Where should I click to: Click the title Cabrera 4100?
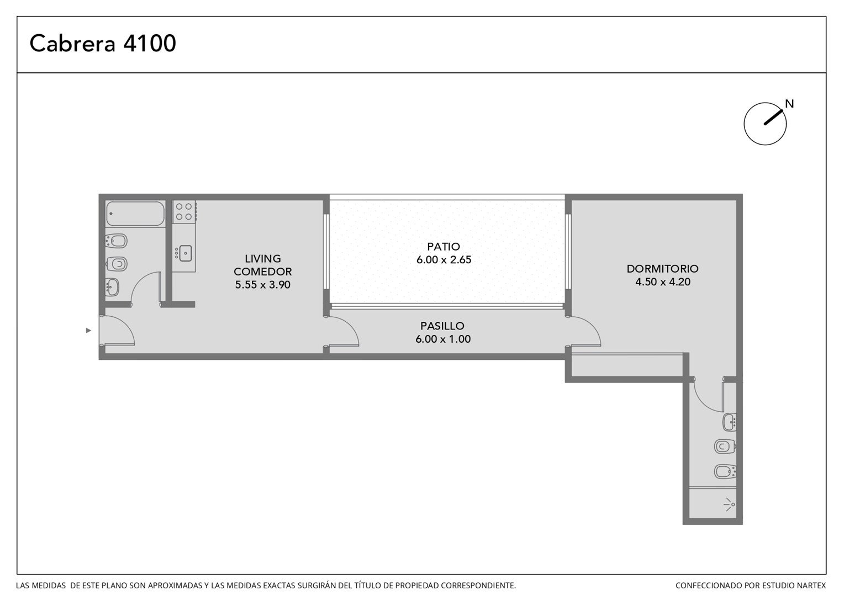point(103,43)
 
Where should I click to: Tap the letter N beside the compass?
point(789,104)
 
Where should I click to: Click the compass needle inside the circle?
point(773,118)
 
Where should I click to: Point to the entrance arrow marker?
point(88,331)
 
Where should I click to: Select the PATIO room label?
point(444,247)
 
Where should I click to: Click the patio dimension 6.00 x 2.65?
point(444,260)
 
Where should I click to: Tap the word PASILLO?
point(442,326)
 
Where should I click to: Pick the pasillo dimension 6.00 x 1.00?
point(443,339)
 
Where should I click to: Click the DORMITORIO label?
point(662,268)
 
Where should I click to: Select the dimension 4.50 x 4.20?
point(663,281)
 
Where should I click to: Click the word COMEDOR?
point(262,272)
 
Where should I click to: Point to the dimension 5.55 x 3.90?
point(262,285)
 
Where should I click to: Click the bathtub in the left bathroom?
point(135,214)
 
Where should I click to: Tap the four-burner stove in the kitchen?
point(184,211)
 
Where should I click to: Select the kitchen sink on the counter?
point(185,253)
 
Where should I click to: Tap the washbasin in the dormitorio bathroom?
point(730,422)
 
